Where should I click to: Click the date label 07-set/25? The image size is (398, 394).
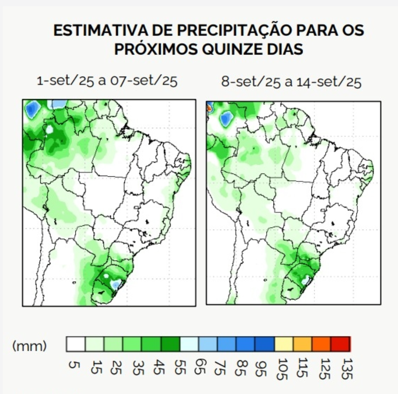point(143,81)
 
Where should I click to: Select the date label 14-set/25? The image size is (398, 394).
point(329,82)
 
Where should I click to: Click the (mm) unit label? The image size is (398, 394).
point(30,345)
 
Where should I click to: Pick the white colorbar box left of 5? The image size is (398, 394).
point(76,344)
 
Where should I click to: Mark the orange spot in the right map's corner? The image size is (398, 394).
point(209,107)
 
